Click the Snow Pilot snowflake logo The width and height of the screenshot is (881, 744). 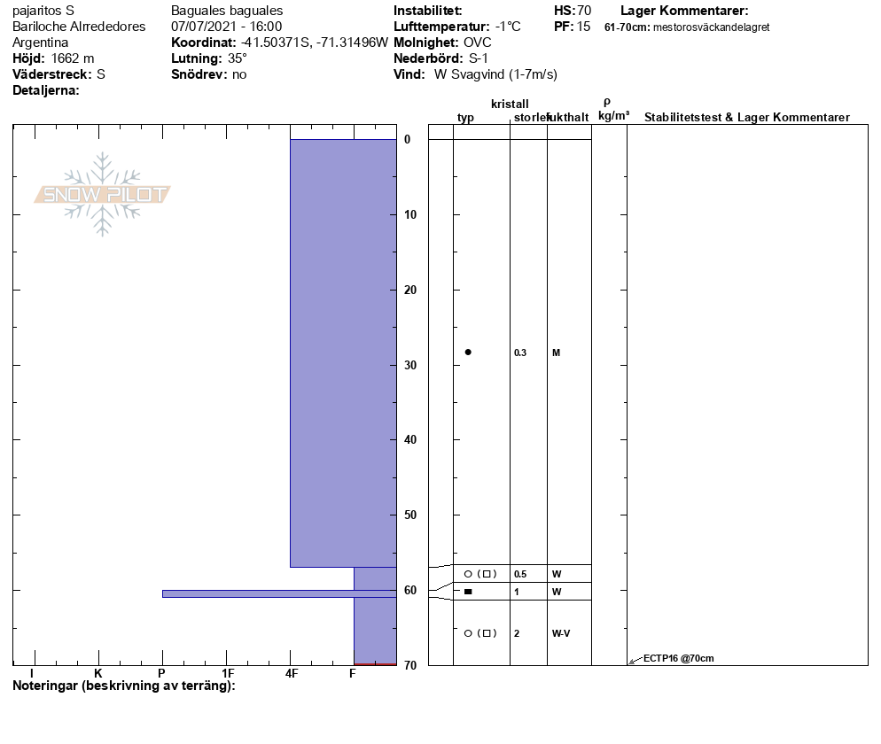(102, 194)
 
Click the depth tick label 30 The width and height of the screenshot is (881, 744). (410, 365)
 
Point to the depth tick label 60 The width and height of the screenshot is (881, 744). (410, 590)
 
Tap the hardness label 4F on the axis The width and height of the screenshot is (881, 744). (291, 673)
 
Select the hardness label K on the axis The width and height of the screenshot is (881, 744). (98, 673)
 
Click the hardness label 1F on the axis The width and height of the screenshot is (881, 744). (228, 673)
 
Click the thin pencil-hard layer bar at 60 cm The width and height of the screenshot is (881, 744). (279, 593)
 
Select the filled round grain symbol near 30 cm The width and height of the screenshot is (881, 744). (468, 352)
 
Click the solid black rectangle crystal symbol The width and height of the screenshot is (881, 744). (468, 592)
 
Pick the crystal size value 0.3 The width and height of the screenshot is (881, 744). (520, 353)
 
